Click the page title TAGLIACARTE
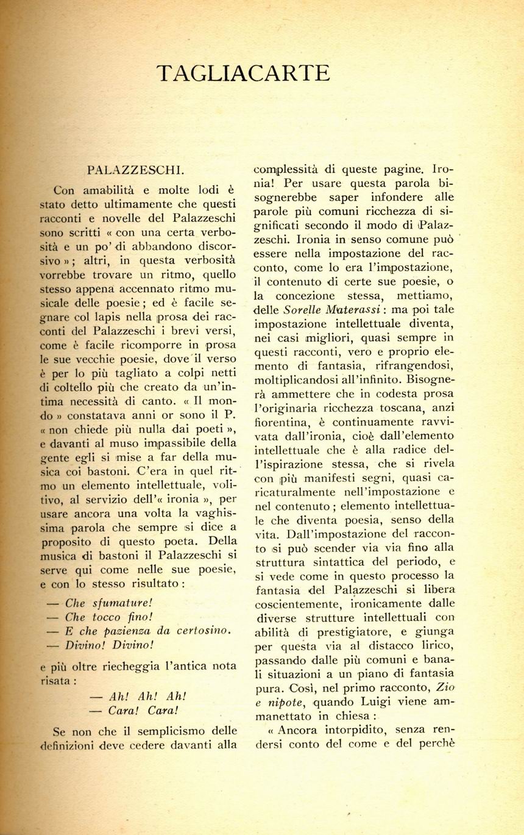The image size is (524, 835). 243,73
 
